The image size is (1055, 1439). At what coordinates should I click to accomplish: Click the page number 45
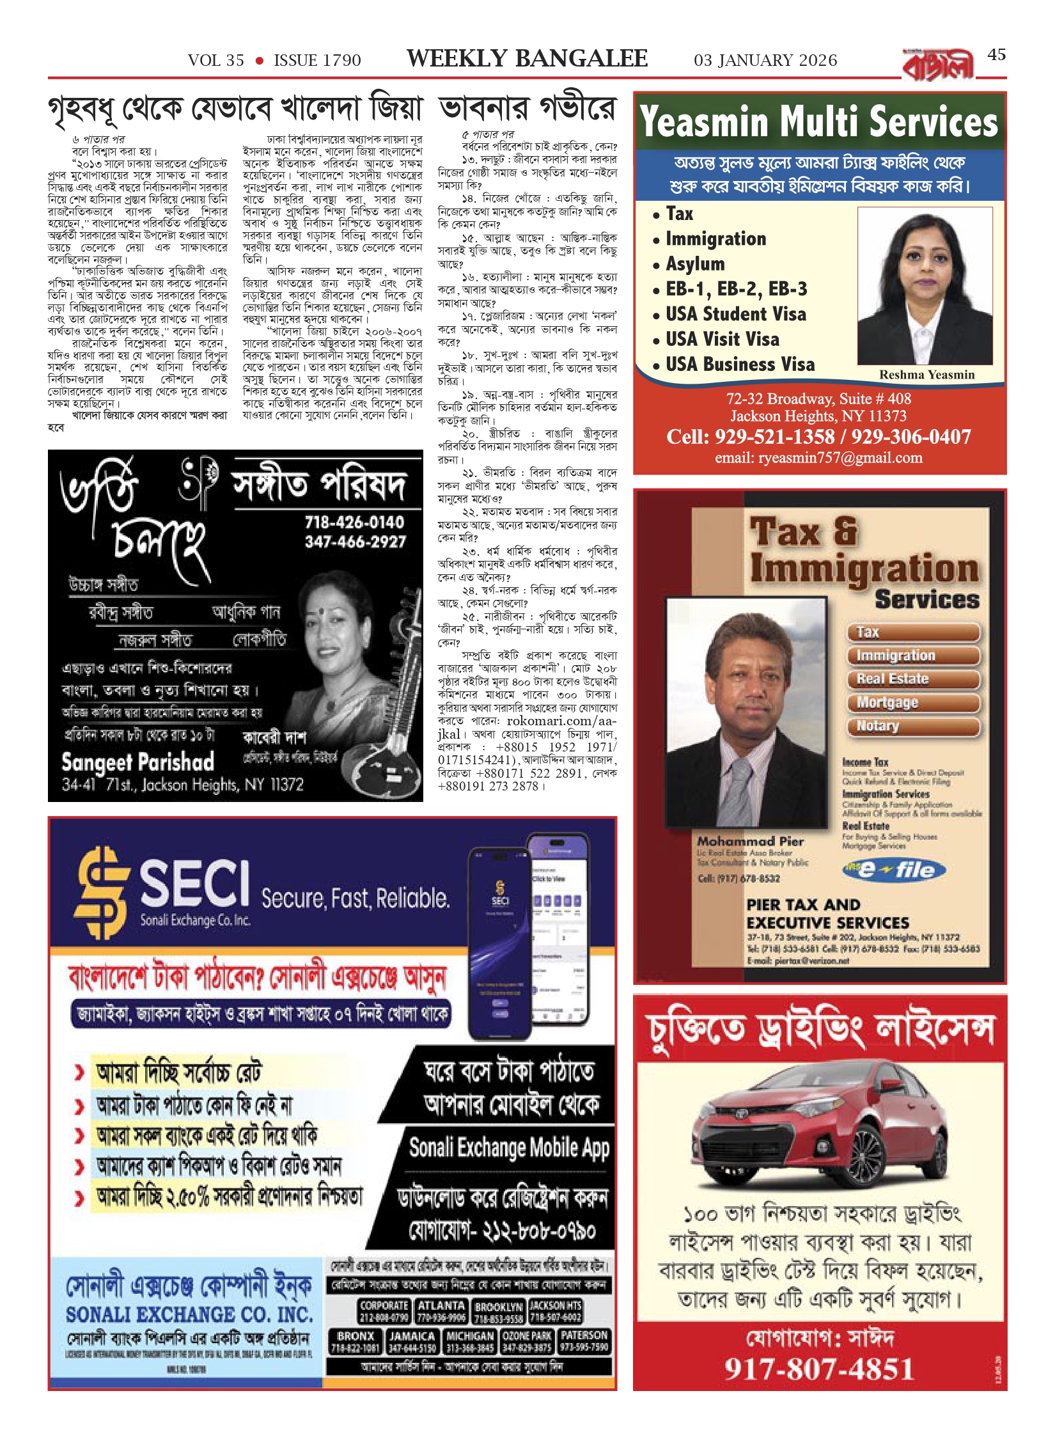(x=996, y=55)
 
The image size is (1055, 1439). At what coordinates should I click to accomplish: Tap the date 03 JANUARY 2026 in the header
(x=765, y=61)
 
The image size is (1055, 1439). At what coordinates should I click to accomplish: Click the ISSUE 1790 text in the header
(x=317, y=61)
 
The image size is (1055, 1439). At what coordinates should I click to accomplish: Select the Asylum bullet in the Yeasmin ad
(x=695, y=264)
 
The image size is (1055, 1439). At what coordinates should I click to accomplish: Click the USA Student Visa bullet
(x=735, y=314)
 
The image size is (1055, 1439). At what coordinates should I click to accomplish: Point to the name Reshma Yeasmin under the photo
(x=926, y=375)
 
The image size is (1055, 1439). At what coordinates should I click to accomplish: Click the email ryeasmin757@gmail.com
(x=818, y=458)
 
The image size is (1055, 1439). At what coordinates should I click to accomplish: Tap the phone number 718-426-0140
(x=354, y=523)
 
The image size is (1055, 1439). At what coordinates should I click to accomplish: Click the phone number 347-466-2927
(x=355, y=542)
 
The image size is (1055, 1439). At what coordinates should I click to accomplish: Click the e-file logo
(x=895, y=870)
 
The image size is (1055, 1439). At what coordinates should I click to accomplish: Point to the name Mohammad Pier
(x=750, y=841)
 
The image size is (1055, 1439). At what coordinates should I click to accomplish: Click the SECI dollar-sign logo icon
(x=100, y=892)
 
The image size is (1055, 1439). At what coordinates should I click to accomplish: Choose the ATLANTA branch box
(x=441, y=1311)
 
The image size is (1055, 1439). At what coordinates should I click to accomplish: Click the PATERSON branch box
(x=584, y=1342)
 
